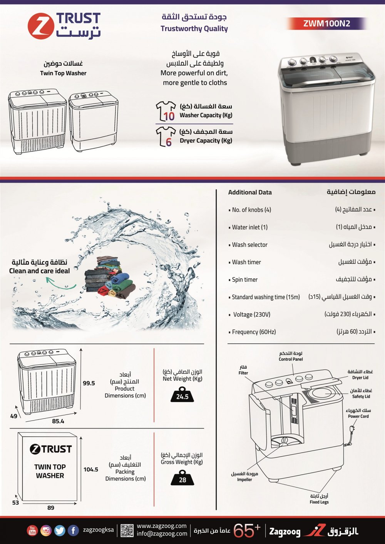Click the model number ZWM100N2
coord(326,23)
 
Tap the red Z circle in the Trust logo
coord(41,26)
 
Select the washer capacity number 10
coord(169,116)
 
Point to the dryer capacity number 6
coord(169,142)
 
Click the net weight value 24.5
coord(182,397)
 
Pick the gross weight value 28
coord(182,480)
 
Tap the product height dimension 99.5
coord(89,383)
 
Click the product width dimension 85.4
coord(58,421)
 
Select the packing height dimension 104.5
coord(91,469)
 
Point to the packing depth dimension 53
coord(15,503)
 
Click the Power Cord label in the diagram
coord(358,416)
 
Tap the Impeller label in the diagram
coord(244,480)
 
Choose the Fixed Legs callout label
coord(319,502)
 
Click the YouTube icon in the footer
coord(32,531)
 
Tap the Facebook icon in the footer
coord(73,531)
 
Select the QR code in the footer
coord(127,531)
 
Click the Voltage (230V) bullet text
coord(252,314)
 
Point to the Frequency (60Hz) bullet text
coord(254,332)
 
